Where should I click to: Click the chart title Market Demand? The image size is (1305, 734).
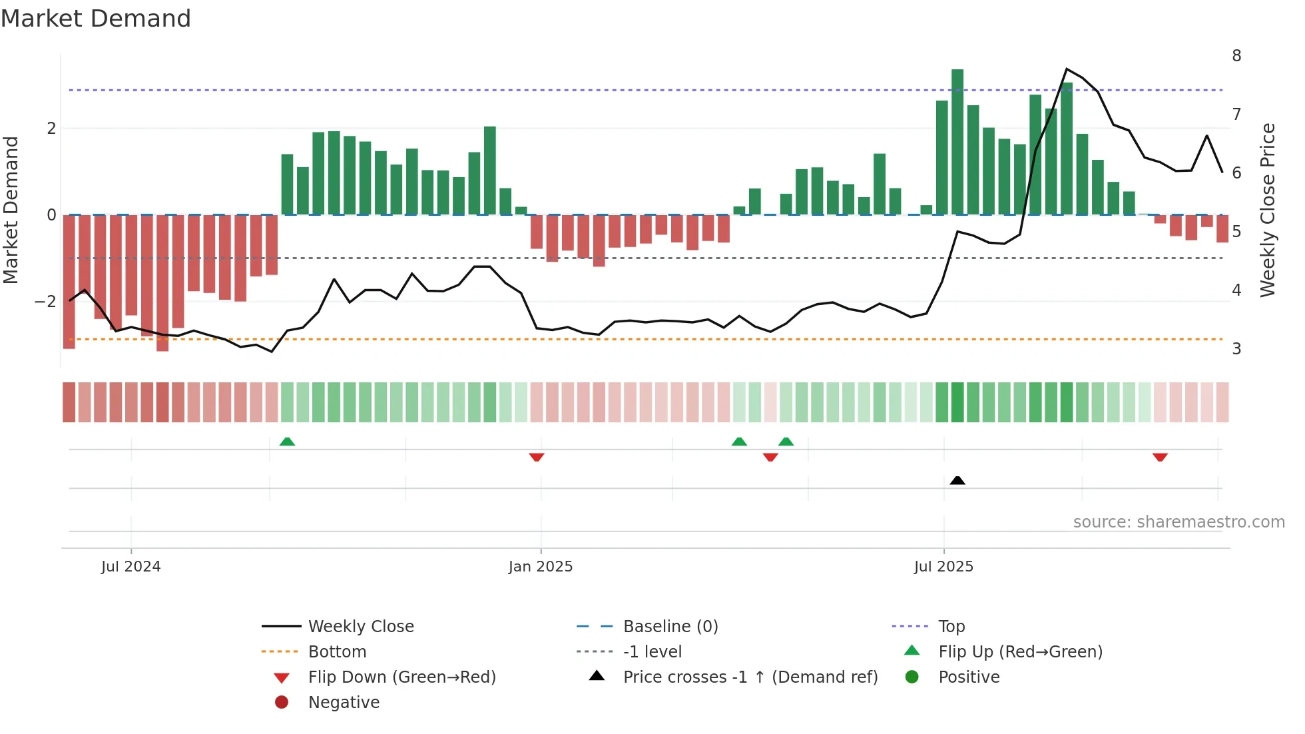[96, 19]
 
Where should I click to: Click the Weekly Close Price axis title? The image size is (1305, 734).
[1267, 210]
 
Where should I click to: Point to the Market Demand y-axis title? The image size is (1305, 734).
[11, 210]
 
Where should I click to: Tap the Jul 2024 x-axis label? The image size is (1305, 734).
[130, 567]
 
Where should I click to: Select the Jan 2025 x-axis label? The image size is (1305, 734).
[540, 567]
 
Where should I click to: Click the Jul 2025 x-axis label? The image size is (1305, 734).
[943, 567]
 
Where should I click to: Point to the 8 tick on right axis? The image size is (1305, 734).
[1236, 56]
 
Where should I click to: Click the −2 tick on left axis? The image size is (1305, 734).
[45, 302]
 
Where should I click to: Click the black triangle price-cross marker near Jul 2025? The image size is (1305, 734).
[957, 480]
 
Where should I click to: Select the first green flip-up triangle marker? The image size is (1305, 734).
[287, 442]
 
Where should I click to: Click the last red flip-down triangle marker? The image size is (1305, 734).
[1160, 457]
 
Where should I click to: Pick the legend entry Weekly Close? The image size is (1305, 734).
[360, 627]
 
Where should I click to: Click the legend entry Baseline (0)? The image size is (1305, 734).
[670, 627]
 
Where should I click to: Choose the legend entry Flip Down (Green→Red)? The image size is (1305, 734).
[401, 677]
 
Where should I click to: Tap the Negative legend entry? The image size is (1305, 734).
[344, 703]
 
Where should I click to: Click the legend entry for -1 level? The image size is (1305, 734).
[652, 652]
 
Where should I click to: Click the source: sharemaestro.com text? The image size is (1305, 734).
[1178, 522]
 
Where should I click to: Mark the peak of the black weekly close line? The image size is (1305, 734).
[1067, 69]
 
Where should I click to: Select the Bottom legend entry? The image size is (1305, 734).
[337, 652]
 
